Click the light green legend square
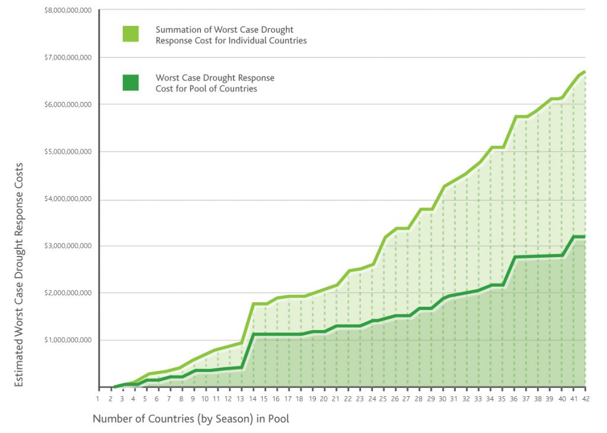pyautogui.click(x=130, y=34)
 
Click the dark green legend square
pyautogui.click(x=130, y=83)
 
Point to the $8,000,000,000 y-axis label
pyautogui.click(x=68, y=11)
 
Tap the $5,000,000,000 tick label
pyautogui.click(x=68, y=152)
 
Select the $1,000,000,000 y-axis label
pyautogui.click(x=68, y=340)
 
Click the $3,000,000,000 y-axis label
pyautogui.click(x=68, y=246)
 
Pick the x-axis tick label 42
pyautogui.click(x=586, y=399)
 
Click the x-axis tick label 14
pyautogui.click(x=253, y=399)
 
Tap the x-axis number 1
pyautogui.click(x=98, y=399)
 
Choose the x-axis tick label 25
pyautogui.click(x=384, y=399)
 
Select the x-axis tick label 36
pyautogui.click(x=515, y=399)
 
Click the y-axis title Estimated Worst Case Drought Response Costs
pyautogui.click(x=19, y=275)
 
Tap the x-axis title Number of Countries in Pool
pyautogui.click(x=191, y=419)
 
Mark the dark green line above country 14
pyautogui.click(x=254, y=334)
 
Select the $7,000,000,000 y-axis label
pyautogui.click(x=68, y=57)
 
